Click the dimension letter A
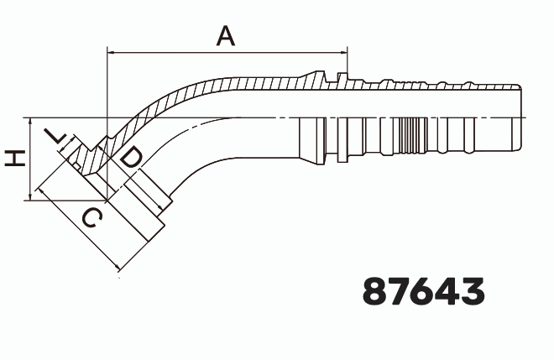point(226,36)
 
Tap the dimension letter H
point(15,158)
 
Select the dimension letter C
point(92,218)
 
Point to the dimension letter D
point(131,158)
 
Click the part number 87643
point(423,290)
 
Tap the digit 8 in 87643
point(374,290)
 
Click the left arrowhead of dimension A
point(111,53)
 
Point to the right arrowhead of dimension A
point(343,53)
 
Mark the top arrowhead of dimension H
point(30,122)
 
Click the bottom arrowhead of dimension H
point(30,196)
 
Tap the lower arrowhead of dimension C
point(116,268)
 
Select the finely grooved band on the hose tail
point(413,136)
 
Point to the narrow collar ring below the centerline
point(342,140)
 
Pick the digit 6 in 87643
point(424,290)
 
